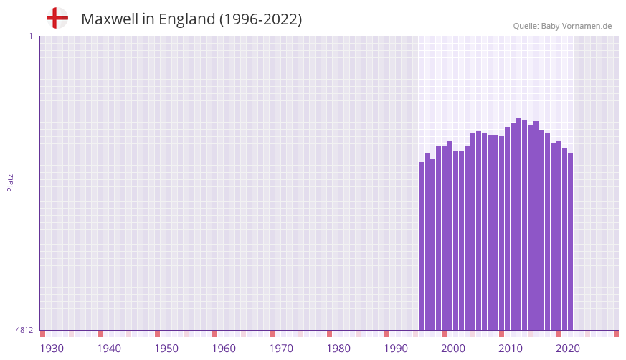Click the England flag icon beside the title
click(x=57, y=19)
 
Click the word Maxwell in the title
click(x=109, y=19)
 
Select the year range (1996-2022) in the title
click(x=261, y=19)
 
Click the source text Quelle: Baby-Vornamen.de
click(x=562, y=26)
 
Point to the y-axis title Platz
click(x=10, y=182)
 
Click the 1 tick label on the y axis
click(x=30, y=36)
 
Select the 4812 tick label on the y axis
click(x=24, y=330)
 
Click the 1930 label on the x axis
click(x=52, y=349)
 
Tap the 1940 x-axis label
click(x=109, y=349)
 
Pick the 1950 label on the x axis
click(x=166, y=349)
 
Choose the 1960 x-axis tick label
click(x=224, y=349)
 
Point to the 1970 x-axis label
click(x=281, y=349)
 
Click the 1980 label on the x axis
click(x=338, y=349)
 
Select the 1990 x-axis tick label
click(x=396, y=349)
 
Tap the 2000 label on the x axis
click(x=453, y=349)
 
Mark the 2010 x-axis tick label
click(x=511, y=349)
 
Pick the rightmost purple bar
click(x=570, y=241)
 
